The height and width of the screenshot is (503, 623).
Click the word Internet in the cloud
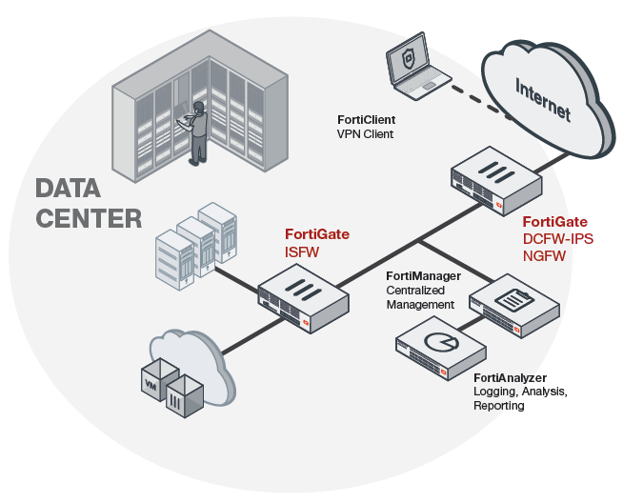tap(543, 101)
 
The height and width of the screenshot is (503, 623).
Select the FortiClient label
tap(366, 120)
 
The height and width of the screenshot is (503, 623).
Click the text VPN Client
tap(365, 134)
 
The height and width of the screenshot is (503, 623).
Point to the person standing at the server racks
tap(195, 129)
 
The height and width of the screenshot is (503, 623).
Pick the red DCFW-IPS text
tap(558, 239)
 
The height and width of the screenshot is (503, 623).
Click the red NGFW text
tap(546, 255)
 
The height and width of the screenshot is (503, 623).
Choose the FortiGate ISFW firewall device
tap(299, 295)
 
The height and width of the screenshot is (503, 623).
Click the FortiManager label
tap(423, 276)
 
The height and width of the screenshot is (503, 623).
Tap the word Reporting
tap(498, 405)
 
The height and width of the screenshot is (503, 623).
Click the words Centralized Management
tap(419, 296)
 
